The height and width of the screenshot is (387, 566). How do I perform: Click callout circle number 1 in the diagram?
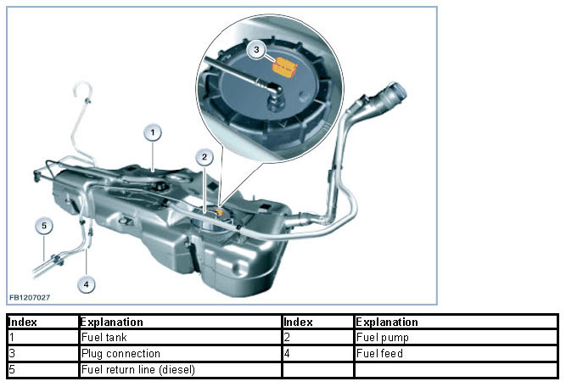pos(153,132)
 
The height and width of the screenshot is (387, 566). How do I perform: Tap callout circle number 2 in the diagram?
pos(204,157)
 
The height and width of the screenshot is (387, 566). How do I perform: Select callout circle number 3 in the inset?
pos(257,50)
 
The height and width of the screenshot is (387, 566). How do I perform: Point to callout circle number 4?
pos(87,284)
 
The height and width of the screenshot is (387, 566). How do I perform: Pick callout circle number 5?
pos(45,226)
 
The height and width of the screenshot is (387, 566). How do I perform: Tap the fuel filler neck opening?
pos(398,93)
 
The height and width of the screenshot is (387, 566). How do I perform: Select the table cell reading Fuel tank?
pos(179,338)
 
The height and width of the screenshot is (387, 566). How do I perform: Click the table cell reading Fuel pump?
pos(455,338)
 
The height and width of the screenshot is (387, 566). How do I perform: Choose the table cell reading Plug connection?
pos(179,354)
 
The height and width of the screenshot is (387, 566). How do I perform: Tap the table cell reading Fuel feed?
pos(455,354)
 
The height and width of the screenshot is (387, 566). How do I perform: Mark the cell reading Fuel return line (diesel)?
pos(179,369)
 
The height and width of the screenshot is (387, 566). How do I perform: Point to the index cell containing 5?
pos(42,369)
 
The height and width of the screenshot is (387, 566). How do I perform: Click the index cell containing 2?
pos(317,338)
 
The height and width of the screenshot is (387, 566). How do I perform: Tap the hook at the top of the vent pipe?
pos(82,89)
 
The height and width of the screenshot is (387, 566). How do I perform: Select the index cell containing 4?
pos(317,354)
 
